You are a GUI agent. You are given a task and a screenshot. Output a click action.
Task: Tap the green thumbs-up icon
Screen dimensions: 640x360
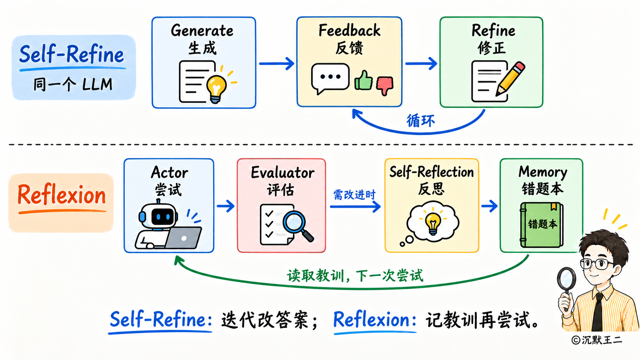363,80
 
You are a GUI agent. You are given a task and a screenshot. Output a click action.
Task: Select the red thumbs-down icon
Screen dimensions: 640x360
385,85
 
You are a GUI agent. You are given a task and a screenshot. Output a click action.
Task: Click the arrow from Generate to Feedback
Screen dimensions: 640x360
277,64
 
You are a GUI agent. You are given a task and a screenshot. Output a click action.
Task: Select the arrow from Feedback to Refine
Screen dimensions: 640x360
421,64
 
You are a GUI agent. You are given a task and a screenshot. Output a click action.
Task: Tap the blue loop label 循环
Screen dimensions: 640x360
421,121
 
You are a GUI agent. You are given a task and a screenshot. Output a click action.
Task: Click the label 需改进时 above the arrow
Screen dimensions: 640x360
354,195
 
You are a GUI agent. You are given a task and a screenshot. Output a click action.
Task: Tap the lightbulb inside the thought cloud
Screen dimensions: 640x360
433,223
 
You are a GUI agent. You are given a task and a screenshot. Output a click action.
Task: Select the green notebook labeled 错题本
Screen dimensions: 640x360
541,225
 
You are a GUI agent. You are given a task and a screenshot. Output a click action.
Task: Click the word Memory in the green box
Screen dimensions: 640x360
542,172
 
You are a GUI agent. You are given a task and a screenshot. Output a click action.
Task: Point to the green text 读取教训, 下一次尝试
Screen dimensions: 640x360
355,276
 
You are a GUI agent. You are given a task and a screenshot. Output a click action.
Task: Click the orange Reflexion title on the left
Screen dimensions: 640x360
62,195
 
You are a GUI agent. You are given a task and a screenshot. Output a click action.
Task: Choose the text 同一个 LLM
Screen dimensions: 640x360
73,85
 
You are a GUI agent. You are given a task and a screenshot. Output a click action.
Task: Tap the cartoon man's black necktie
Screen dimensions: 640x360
598,313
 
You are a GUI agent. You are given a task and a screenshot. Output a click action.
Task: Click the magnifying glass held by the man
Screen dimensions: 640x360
567,285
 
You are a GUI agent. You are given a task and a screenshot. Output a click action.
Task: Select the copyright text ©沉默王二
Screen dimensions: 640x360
597,340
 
